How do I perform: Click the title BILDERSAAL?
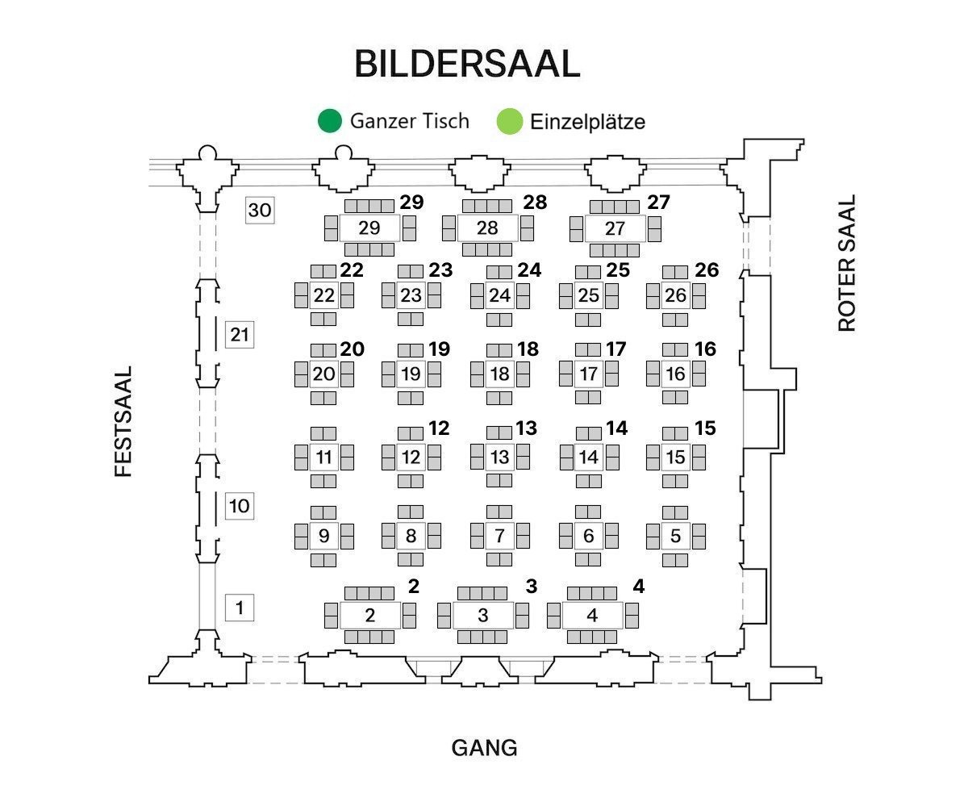click(x=467, y=64)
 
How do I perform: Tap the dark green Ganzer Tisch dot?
click(x=329, y=121)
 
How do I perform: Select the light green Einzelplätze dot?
click(x=510, y=122)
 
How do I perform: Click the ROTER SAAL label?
click(x=846, y=263)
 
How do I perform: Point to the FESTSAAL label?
click(x=123, y=422)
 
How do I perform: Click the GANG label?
click(x=484, y=748)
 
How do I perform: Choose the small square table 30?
click(x=260, y=211)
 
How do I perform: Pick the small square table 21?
click(x=240, y=334)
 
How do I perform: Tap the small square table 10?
click(x=240, y=507)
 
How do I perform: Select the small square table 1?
click(x=240, y=607)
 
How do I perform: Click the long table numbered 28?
click(x=487, y=228)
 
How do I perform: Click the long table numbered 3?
click(x=482, y=616)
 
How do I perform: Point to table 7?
click(x=499, y=536)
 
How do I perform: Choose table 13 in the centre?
click(x=499, y=457)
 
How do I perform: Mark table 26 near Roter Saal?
click(x=675, y=296)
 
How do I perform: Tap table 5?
click(x=675, y=536)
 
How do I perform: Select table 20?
click(x=323, y=374)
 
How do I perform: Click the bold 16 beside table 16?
click(x=705, y=349)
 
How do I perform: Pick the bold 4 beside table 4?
click(x=638, y=587)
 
